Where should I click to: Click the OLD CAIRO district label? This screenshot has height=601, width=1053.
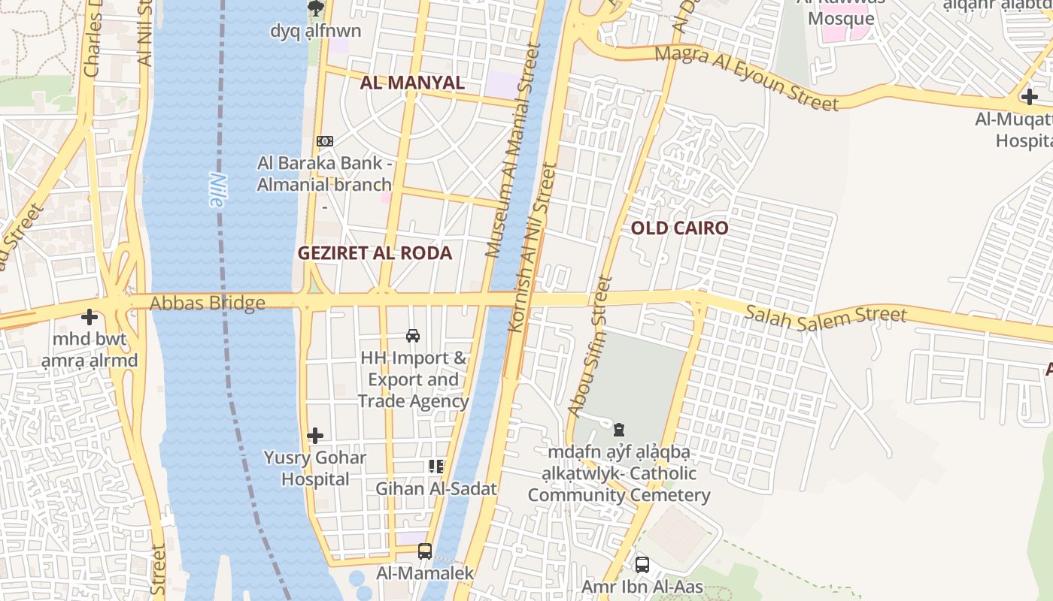point(679,228)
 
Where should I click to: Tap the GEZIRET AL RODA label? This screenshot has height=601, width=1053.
point(375,253)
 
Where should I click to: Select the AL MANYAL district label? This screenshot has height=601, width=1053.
point(412,83)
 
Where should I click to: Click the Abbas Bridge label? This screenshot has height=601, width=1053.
point(208,304)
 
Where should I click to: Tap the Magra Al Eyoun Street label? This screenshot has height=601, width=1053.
point(745,78)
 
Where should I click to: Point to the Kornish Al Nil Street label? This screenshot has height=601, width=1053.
point(531,248)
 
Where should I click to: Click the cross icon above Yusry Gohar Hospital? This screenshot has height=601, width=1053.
point(315,436)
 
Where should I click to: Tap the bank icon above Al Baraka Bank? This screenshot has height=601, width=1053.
point(325,141)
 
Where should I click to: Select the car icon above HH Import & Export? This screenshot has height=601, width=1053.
point(413,336)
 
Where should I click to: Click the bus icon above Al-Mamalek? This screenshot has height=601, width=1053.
point(425,551)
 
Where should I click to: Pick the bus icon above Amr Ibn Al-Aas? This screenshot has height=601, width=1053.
point(642,565)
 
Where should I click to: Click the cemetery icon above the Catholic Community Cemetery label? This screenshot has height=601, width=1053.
point(619,430)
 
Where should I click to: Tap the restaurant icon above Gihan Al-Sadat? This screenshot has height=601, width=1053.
point(436,467)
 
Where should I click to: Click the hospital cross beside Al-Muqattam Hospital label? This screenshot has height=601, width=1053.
point(1029,96)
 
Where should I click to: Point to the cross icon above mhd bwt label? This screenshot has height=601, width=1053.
point(90,317)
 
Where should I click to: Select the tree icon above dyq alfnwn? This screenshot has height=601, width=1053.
point(316,8)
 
